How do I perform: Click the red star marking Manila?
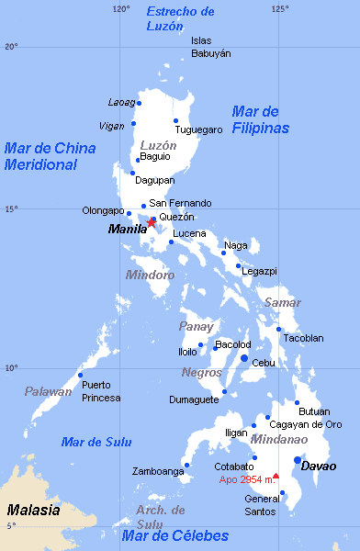point(152,222)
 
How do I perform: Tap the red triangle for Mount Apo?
point(276,476)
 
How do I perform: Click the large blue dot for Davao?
point(298,460)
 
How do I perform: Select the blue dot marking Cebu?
point(244,358)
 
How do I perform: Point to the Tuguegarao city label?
point(199,129)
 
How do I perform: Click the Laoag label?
point(121,102)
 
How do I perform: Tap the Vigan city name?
point(112,126)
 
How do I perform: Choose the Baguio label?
point(155,156)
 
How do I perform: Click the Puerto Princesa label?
point(101,391)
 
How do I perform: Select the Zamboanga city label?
point(158,471)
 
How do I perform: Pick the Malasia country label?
point(33,510)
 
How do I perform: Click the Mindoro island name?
point(150,275)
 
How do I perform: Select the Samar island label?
point(282,302)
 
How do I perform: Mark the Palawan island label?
point(48,392)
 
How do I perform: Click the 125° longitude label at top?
point(279,8)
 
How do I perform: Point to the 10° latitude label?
point(10,368)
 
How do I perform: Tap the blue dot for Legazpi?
point(238,266)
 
